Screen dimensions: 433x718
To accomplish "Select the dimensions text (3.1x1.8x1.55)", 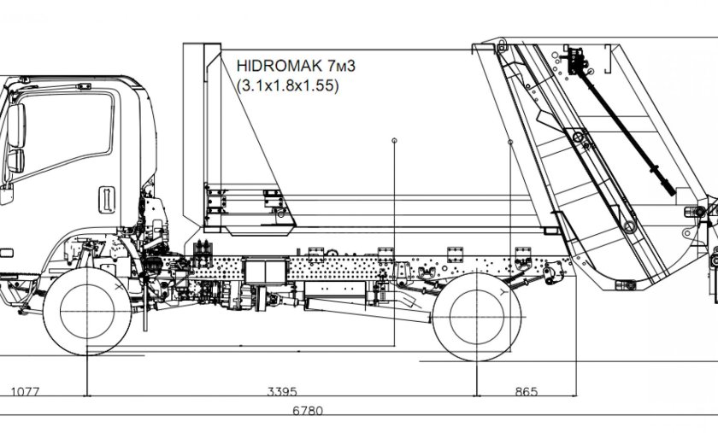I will tap(285, 85).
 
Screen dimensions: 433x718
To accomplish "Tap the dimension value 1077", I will tap(25, 392).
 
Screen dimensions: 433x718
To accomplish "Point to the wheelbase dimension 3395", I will tap(281, 392).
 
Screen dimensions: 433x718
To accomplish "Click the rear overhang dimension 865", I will tap(527, 392).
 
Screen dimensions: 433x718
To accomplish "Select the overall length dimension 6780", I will tap(308, 411).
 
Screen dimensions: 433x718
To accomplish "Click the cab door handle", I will tap(107, 198).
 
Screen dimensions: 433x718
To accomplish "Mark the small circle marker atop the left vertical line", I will tap(394, 139).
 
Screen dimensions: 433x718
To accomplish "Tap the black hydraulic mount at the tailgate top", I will tap(580, 61).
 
